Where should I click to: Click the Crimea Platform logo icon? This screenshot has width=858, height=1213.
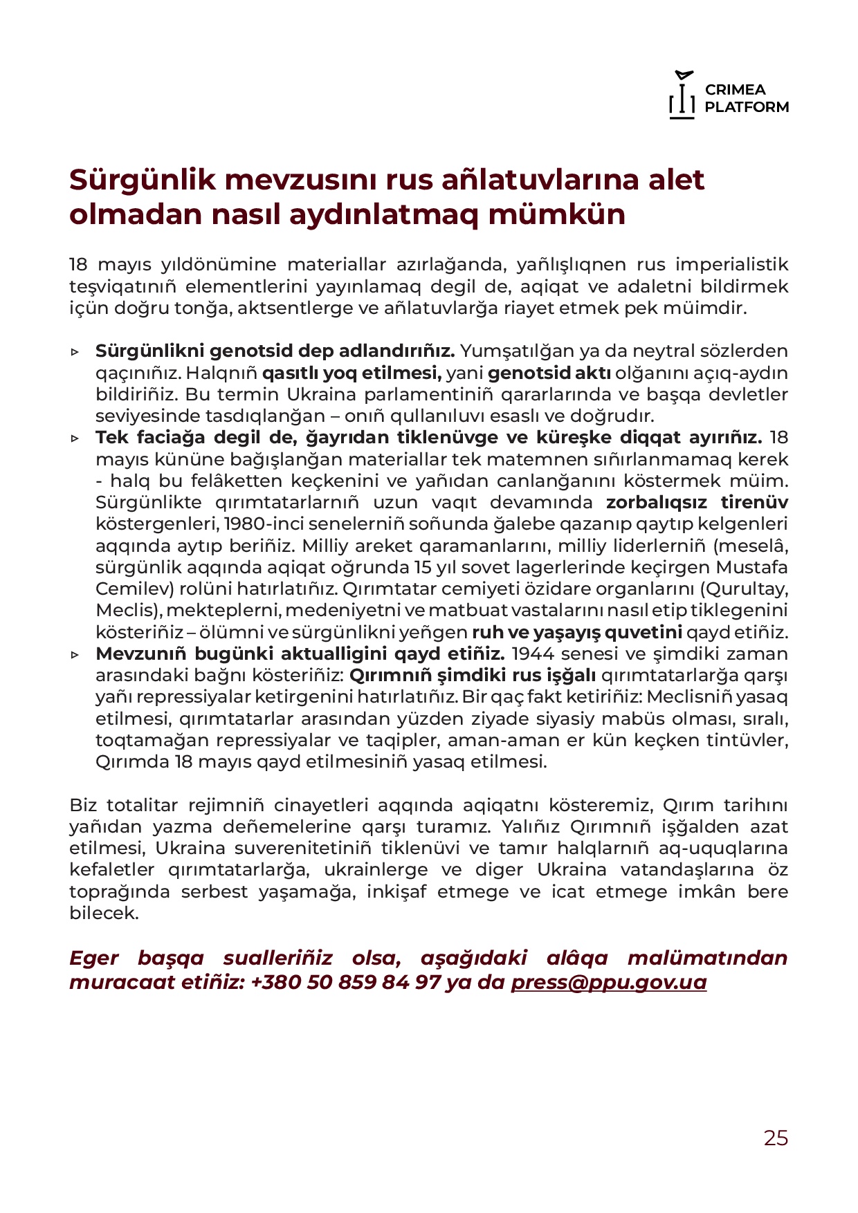click(682, 95)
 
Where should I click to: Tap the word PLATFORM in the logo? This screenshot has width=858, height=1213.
click(747, 107)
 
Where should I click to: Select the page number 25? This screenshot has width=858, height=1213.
click(776, 1138)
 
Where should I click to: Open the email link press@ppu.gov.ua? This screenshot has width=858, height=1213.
click(608, 982)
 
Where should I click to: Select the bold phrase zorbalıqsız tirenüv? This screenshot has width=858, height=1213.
click(697, 502)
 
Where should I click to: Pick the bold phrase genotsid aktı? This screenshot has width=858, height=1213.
click(549, 373)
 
